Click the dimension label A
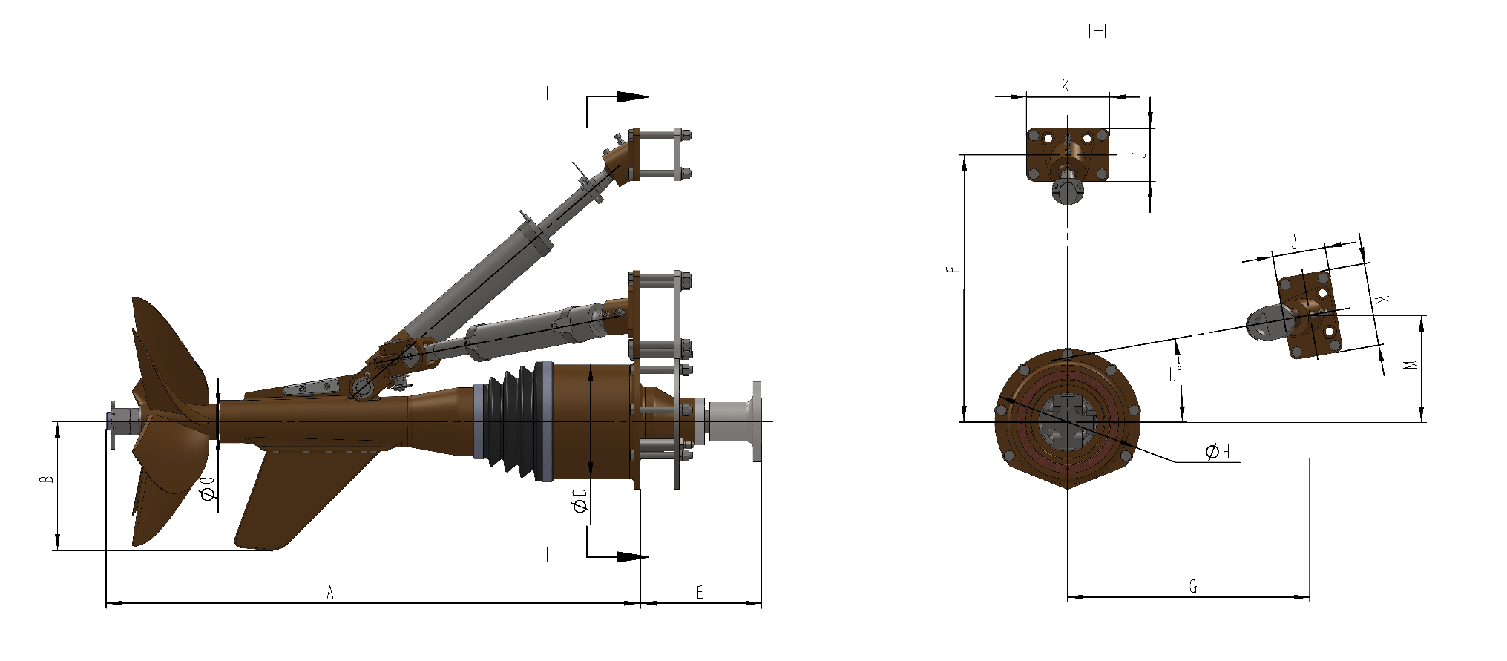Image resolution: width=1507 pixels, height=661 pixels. point(331,592)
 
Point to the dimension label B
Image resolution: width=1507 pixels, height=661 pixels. point(47,479)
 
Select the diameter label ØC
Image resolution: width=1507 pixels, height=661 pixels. point(209,488)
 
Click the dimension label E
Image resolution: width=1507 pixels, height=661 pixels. point(700,592)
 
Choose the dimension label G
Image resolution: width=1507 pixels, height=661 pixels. point(1193,587)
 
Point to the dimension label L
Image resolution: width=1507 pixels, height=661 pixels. point(1173,374)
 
